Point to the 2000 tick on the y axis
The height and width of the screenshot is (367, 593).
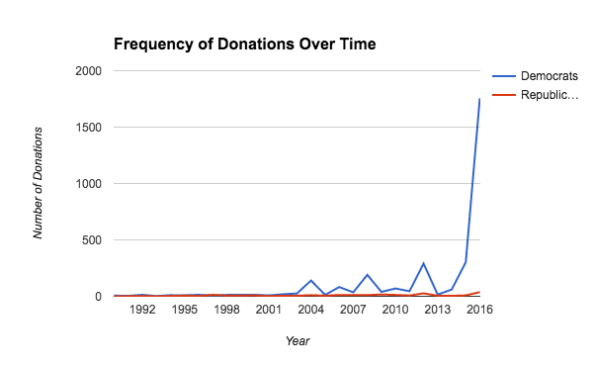coord(87,71)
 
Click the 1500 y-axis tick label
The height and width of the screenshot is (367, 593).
coord(87,128)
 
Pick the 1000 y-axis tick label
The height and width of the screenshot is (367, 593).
coord(87,184)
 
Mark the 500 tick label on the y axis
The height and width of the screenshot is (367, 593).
coord(91,240)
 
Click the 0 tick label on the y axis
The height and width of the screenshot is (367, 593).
coord(97,297)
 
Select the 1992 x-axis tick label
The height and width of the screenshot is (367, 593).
coord(141,310)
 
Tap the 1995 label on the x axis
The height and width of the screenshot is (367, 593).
coord(184,310)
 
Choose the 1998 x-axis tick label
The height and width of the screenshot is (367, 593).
coord(226,310)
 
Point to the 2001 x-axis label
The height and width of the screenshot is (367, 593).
coord(268,310)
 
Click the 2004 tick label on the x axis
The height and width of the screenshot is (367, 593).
coord(310,310)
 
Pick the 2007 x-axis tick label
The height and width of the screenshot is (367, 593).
coord(353,310)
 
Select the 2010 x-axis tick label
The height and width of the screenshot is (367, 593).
coord(395,310)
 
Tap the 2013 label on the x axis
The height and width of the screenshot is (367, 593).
coord(437,310)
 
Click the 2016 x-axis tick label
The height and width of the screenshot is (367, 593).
coord(479,310)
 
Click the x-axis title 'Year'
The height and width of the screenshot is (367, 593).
coord(296,341)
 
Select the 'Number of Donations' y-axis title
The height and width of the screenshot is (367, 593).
coord(40,183)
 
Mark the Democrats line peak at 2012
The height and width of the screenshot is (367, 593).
coord(423,263)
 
